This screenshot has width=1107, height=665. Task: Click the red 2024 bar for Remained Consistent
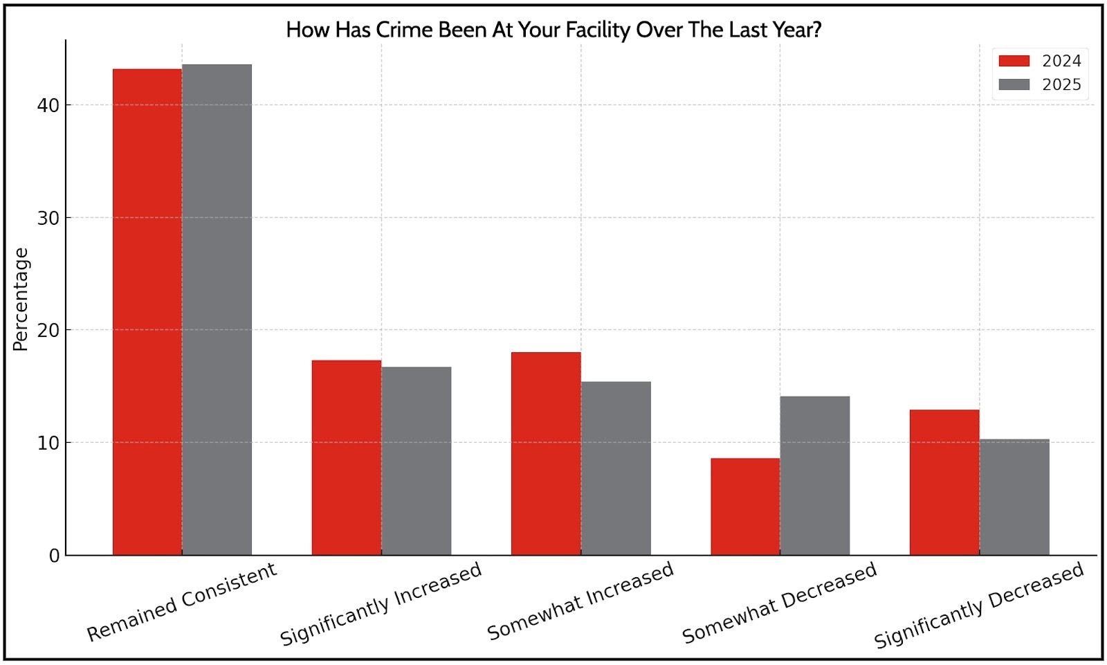tap(147, 311)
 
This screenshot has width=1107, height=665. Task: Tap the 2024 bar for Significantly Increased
tap(347, 457)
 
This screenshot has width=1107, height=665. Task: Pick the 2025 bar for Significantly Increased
tap(417, 461)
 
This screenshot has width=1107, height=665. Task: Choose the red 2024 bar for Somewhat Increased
tap(546, 453)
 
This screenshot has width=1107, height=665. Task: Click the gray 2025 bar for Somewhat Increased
tap(616, 468)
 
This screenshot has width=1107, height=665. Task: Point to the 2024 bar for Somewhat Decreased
tap(745, 507)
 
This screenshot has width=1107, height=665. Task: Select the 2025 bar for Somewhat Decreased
tap(815, 475)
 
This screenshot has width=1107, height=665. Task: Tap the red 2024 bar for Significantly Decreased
tap(944, 482)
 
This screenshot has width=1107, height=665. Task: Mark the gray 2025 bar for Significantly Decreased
tap(1014, 497)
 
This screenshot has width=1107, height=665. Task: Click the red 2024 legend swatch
tap(1014, 61)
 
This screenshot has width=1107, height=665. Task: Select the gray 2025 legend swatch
tap(1014, 84)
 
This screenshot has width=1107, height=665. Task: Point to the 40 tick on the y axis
tap(49, 105)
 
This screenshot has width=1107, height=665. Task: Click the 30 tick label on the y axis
tap(49, 218)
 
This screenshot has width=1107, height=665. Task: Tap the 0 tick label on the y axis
tap(54, 556)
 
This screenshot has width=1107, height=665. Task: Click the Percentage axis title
tap(21, 299)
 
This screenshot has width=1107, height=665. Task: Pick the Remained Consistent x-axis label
tap(181, 602)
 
